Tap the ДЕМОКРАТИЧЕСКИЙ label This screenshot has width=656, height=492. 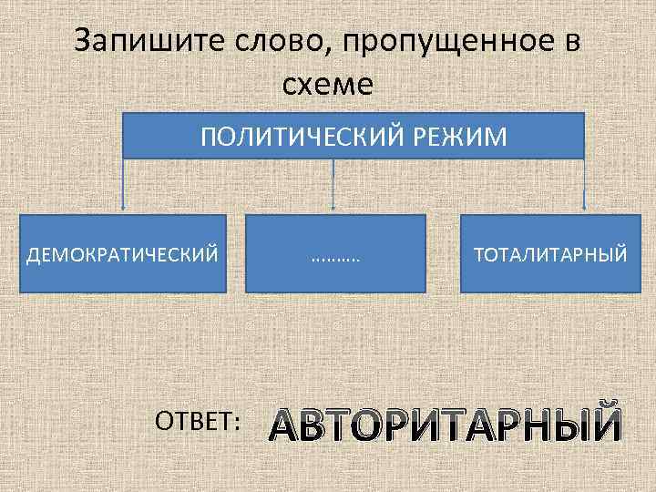(123, 253)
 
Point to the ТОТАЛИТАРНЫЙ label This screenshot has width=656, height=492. (548, 253)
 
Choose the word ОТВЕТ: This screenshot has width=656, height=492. (198, 420)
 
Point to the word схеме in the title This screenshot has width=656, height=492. (328, 86)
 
